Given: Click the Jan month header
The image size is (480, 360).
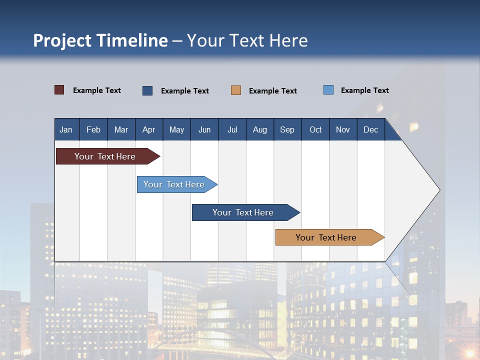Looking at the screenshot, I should (66, 129).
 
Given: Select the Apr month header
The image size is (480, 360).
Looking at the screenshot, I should (149, 129).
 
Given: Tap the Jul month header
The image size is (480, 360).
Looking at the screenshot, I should (232, 129).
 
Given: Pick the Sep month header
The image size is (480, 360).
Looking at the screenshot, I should (287, 129).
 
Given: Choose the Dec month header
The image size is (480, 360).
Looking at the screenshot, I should (370, 129).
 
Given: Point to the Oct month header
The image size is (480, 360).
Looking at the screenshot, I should (315, 129).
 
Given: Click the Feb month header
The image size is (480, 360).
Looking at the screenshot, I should (93, 129).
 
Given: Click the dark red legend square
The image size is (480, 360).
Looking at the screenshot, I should (59, 90).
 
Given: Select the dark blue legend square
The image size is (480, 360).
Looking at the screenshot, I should (147, 90).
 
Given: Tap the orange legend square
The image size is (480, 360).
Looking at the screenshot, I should (236, 90).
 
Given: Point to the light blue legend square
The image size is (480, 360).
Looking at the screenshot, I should (328, 90).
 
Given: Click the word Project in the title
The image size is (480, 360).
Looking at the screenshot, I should (62, 40).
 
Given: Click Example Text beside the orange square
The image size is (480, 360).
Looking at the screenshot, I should (273, 91).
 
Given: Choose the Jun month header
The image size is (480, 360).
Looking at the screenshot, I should (204, 129).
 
